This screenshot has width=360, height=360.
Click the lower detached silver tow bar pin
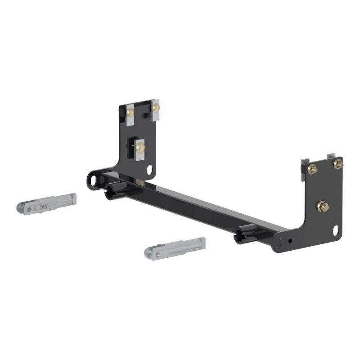click(175, 247)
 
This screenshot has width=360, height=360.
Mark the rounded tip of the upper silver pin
click(21, 208)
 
